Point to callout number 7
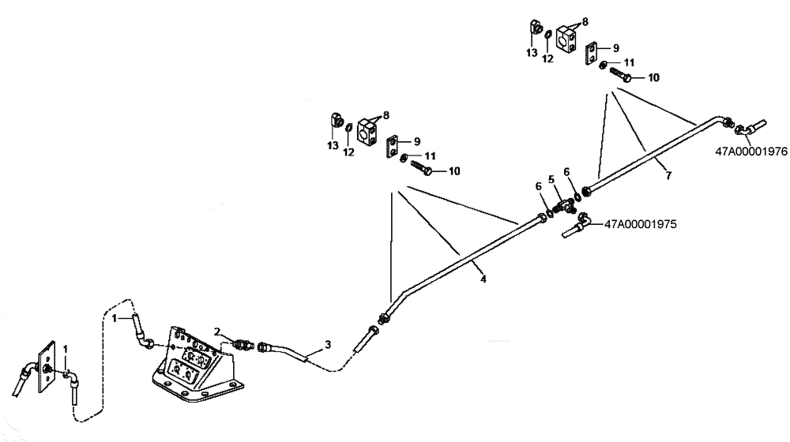pos(668,175)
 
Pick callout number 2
pos(216,332)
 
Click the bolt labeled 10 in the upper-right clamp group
pos(621,77)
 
